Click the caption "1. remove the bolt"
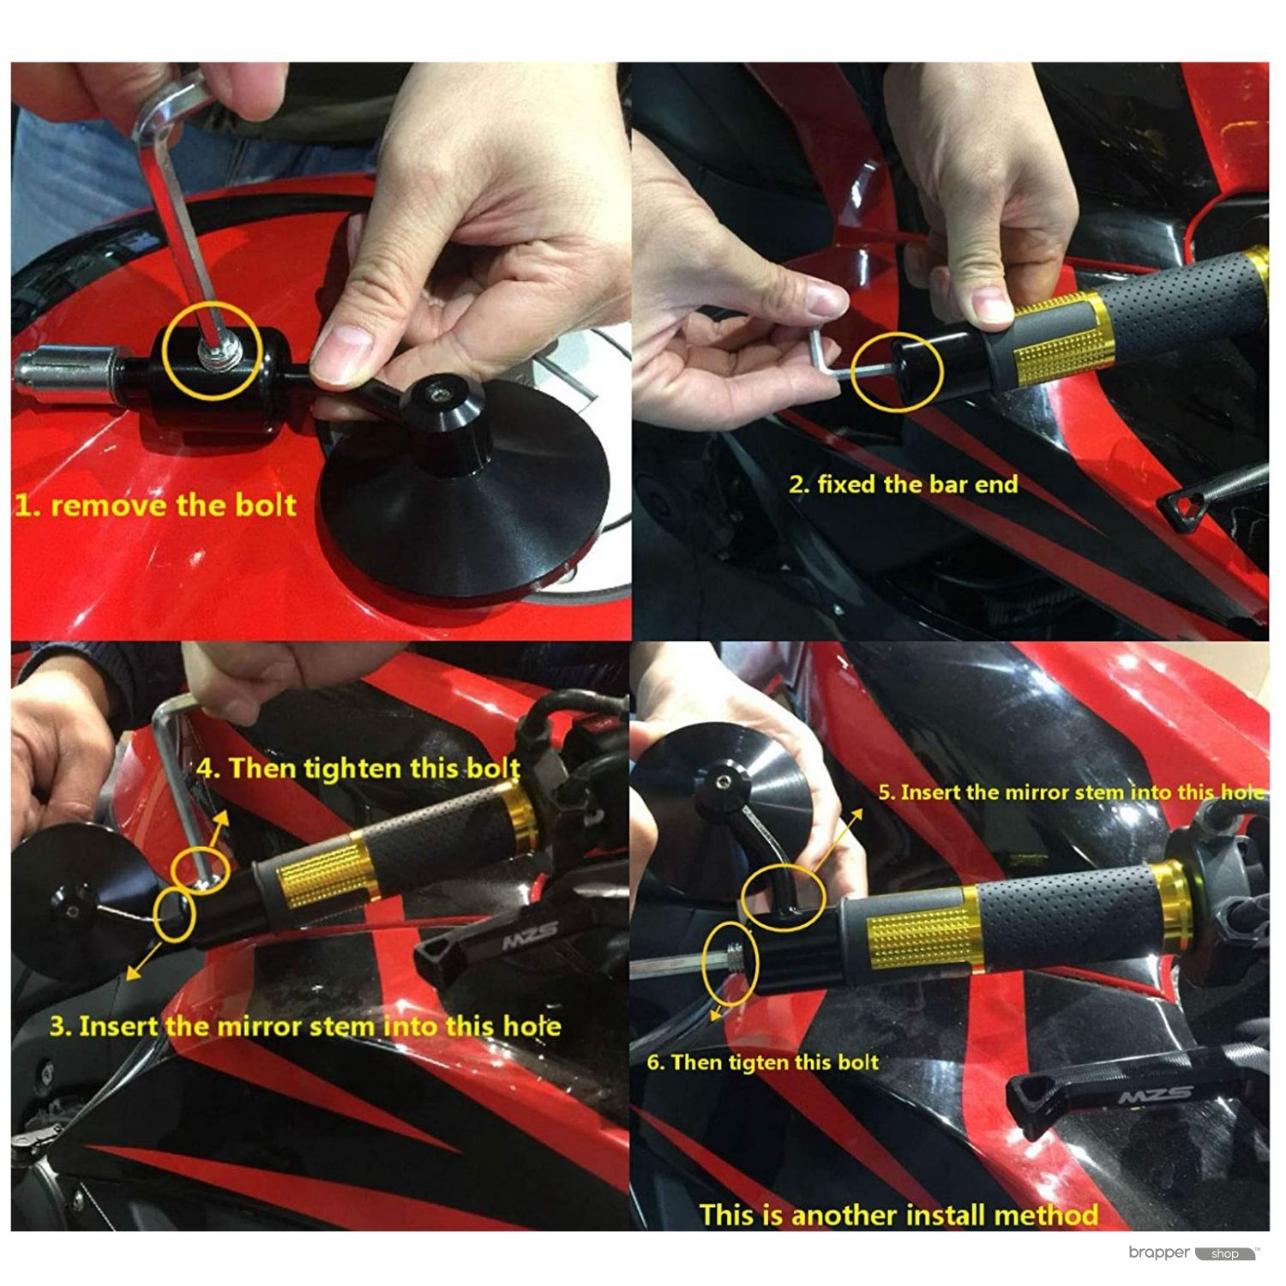[155, 504]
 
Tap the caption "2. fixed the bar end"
[904, 484]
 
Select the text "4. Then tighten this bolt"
[358, 767]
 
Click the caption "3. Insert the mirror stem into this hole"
[305, 1025]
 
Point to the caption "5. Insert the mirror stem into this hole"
[1071, 792]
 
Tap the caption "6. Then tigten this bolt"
[763, 1062]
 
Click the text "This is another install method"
[898, 1215]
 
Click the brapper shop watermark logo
[1194, 1253]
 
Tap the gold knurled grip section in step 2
[1056, 341]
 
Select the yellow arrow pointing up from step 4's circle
[219, 832]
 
